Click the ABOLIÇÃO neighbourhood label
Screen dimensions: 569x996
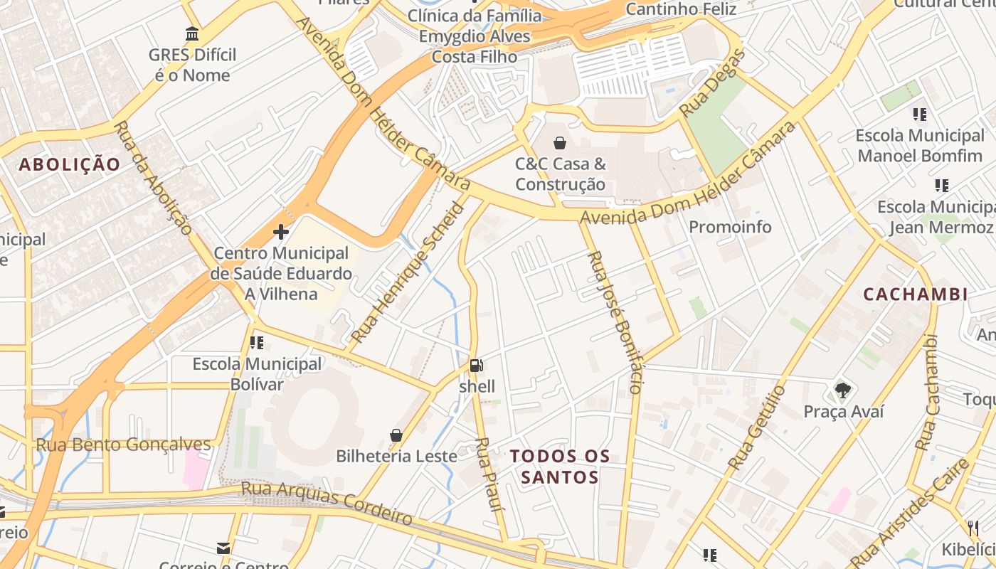point(70,165)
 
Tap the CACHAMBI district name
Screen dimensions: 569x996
point(915,294)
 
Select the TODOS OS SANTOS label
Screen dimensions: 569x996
point(560,467)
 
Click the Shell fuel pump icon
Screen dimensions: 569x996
point(477,366)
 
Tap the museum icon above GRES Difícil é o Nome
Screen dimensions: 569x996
point(192,34)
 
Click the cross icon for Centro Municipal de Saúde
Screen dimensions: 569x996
point(281,232)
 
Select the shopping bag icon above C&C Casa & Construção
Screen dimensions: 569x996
point(560,143)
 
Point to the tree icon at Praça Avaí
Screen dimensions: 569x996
point(843,390)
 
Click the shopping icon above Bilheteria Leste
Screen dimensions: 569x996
point(396,435)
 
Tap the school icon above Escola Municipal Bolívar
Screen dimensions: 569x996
point(257,343)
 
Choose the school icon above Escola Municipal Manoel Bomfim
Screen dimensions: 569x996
point(920,114)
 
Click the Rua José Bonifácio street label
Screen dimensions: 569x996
point(615,321)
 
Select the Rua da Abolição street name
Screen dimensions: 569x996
point(153,178)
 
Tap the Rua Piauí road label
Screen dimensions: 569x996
point(489,474)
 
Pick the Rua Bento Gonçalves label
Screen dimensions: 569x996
point(124,445)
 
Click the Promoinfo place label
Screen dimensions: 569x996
point(730,228)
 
